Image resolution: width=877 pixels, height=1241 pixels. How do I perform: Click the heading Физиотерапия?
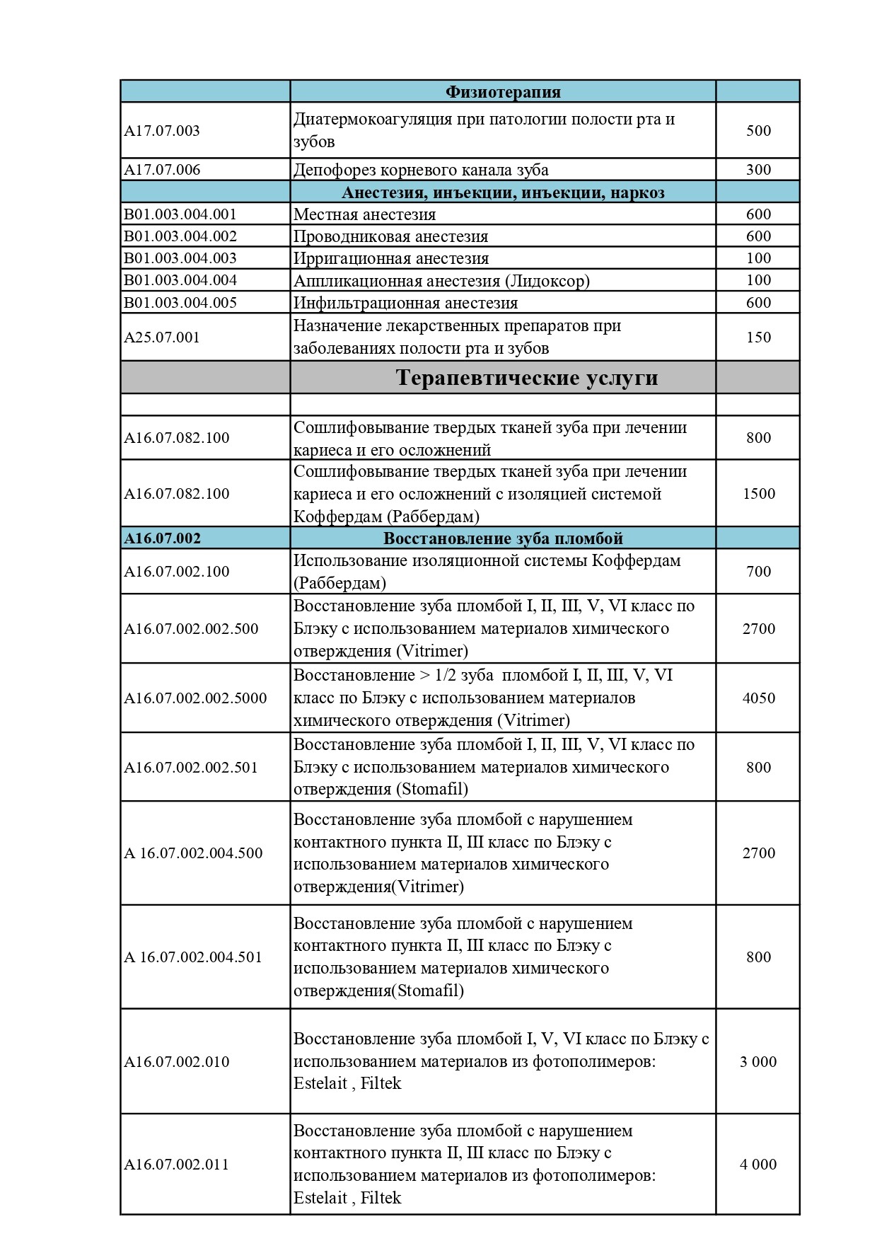click(503, 92)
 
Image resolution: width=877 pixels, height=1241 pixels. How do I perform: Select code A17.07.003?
click(162, 131)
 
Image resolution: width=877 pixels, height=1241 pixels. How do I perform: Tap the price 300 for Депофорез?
click(758, 170)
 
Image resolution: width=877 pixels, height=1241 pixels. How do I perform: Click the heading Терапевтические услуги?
click(527, 378)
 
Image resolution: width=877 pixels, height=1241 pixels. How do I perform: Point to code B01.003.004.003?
click(180, 258)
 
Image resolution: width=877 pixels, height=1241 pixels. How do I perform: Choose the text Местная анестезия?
click(364, 214)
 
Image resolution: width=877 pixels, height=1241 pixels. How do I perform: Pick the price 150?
click(758, 337)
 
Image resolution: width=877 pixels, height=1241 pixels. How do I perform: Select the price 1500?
click(758, 494)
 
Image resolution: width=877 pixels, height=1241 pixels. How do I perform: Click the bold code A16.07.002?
click(163, 538)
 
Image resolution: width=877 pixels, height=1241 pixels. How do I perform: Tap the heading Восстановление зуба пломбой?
click(503, 538)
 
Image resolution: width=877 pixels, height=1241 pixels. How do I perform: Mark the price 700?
click(758, 572)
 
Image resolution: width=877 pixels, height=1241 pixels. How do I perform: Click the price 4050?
click(758, 698)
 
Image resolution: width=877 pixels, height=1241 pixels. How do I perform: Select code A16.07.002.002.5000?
click(196, 698)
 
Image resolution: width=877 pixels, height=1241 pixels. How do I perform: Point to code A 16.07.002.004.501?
click(193, 957)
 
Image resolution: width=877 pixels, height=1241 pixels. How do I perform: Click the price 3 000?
click(758, 1062)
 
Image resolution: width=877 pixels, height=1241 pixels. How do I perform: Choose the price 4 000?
click(758, 1165)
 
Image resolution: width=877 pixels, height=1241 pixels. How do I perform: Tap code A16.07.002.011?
click(177, 1165)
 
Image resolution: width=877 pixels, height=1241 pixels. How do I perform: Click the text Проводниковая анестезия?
click(390, 236)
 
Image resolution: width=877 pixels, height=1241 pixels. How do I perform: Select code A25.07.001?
click(162, 337)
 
